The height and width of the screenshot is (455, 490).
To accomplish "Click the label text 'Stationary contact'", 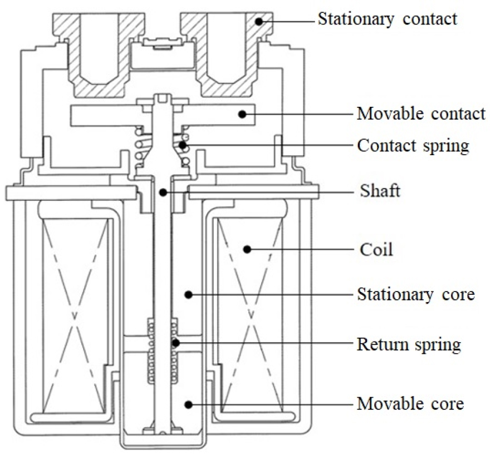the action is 388,19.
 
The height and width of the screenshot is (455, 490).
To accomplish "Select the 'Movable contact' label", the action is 422,113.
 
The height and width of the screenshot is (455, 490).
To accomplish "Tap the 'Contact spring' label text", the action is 413,146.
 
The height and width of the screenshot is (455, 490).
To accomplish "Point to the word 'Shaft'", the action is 380,190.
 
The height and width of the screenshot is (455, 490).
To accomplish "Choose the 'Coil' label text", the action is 376,250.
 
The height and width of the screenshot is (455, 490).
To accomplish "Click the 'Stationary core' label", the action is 416,294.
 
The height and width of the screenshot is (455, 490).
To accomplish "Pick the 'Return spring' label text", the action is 409,344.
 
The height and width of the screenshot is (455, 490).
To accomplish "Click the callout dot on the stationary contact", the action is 259,21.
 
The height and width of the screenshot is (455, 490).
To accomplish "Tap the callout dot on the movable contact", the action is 242,114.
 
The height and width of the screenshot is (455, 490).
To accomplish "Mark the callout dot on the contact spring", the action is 183,145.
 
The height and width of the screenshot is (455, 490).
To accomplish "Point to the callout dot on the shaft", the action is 163,192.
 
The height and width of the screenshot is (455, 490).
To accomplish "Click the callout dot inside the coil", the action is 247,249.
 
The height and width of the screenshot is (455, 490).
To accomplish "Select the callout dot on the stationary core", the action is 188,295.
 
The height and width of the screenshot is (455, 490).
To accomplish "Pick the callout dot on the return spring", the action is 175,343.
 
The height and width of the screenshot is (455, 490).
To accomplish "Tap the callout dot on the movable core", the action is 188,405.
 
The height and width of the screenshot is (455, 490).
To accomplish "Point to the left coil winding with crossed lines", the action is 75,315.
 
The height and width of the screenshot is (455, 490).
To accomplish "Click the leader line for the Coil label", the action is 300,250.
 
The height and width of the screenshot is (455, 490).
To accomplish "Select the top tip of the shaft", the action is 162,94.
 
